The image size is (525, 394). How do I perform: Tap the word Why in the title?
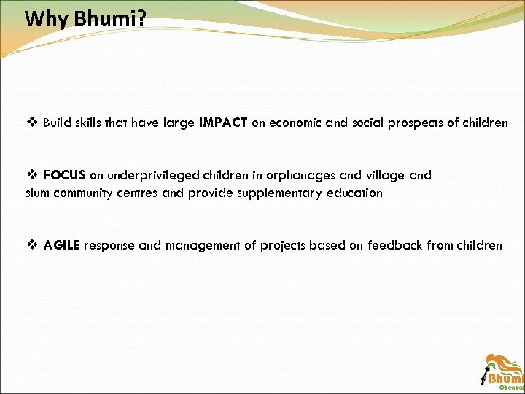tap(47, 18)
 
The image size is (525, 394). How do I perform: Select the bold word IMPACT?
tap(223, 123)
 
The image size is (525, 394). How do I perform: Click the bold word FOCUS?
tap(64, 176)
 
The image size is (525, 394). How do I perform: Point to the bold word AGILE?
tap(62, 245)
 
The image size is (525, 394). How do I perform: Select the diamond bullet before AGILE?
tap(31, 245)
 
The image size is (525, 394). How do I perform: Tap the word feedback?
tap(395, 245)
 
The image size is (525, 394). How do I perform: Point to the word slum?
tap(38, 193)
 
